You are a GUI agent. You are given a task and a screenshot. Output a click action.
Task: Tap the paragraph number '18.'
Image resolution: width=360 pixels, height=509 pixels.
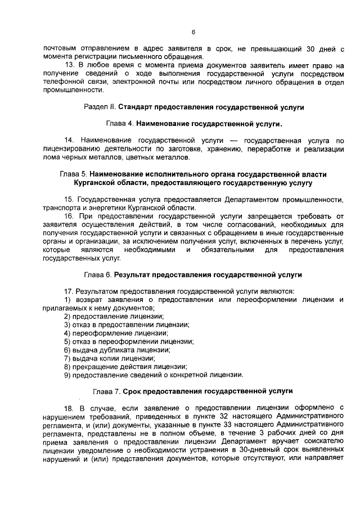click(x=70, y=407)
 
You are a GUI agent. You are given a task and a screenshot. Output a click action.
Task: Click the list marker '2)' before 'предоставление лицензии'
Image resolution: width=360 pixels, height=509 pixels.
click(x=67, y=317)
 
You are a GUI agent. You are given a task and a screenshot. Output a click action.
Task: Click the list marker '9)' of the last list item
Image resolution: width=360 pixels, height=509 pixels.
click(x=67, y=375)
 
